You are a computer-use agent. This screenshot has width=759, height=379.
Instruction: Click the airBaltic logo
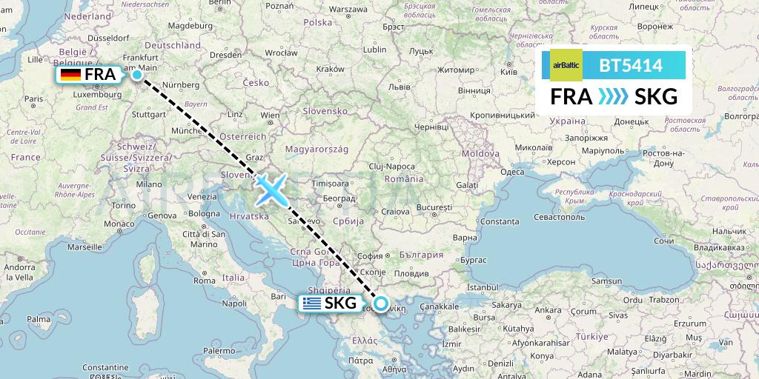[567, 65]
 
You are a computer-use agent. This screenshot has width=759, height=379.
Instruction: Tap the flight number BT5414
[631, 65]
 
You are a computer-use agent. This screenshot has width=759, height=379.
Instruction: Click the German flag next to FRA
[71, 75]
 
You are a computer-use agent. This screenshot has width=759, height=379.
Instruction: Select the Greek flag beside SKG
[311, 303]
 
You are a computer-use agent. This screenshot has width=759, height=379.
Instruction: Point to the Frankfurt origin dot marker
[137, 74]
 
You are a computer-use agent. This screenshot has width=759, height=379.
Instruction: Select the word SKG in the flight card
[655, 97]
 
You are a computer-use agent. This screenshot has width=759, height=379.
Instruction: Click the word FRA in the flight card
[571, 97]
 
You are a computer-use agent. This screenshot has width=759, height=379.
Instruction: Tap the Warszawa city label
[348, 10]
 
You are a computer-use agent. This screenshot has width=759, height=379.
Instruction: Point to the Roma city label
[204, 281]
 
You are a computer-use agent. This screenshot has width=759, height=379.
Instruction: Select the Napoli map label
[233, 303]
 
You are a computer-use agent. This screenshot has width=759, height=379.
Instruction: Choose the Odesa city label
[511, 172]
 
